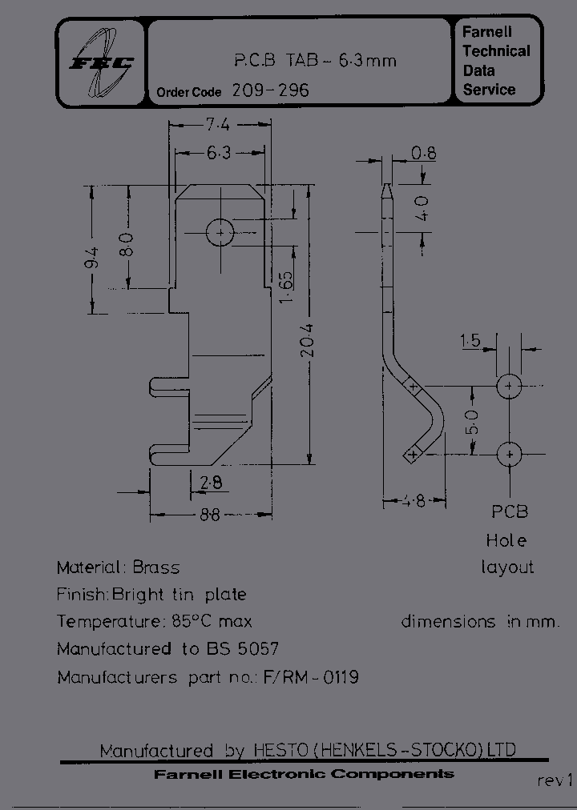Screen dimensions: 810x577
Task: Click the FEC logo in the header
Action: pos(100,62)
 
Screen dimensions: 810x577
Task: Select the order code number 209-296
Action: pos(270,90)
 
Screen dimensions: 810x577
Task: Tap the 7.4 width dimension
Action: pos(217,125)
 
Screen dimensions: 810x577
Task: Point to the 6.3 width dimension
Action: pos(218,152)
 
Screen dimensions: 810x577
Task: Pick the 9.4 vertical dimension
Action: pos(91,259)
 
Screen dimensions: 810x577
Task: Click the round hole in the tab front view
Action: pos(219,233)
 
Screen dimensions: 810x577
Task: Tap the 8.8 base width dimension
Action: pos(209,515)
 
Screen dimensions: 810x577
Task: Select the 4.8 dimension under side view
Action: pos(414,502)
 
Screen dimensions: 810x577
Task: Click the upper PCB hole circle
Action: pos(509,387)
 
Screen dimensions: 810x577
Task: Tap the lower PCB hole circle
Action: pos(509,454)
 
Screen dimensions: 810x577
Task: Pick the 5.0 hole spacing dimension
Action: pos(472,420)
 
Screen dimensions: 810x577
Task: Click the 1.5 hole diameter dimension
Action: pos(470,342)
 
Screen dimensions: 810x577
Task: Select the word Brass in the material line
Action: pos(155,567)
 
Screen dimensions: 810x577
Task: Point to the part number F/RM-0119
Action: pos(310,677)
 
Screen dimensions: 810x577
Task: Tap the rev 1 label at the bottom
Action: pos(555,780)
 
